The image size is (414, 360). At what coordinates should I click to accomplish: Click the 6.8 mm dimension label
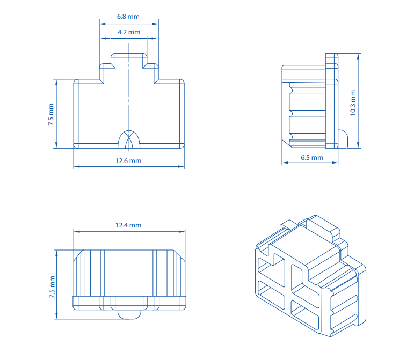(128, 17)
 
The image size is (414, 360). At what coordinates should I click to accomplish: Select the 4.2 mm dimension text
(128, 32)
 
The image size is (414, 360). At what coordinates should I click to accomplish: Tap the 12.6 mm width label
(128, 160)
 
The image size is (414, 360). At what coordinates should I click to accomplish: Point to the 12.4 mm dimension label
(128, 225)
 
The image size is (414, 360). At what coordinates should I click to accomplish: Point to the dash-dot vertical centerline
(129, 91)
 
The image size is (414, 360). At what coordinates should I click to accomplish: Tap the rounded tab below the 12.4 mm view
(128, 314)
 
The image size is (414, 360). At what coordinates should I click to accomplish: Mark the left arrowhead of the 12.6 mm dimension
(76, 167)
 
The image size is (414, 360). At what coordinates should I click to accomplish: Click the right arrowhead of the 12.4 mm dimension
(183, 232)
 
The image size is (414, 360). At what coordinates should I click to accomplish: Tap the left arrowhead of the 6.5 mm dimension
(285, 163)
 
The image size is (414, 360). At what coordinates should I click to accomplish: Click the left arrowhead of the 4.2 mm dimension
(113, 39)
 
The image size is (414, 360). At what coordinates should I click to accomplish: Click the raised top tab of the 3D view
(322, 225)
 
